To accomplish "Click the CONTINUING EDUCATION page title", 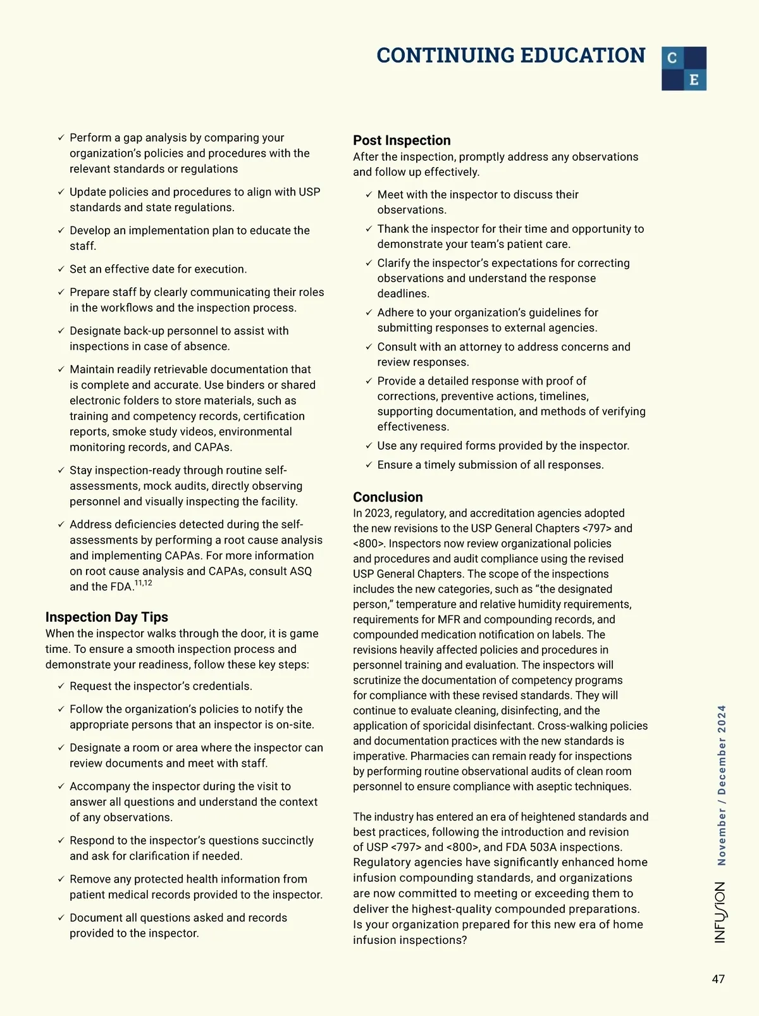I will [x=510, y=56].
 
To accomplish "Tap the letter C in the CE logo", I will [x=672, y=58].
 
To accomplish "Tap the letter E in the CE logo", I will [x=694, y=80].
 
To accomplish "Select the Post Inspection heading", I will [x=402, y=140].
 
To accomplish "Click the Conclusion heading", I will [x=388, y=497].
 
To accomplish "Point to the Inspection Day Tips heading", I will [x=107, y=617].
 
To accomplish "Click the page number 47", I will [x=718, y=979].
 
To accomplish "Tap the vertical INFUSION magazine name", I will [x=720, y=912].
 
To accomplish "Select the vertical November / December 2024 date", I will [x=722, y=785].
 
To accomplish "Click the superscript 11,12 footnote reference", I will [x=144, y=583].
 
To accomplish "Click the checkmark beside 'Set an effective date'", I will [x=61, y=269].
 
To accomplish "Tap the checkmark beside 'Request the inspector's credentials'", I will [x=61, y=686].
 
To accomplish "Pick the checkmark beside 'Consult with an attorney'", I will [x=369, y=347].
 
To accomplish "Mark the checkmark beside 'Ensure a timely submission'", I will [x=369, y=465].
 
